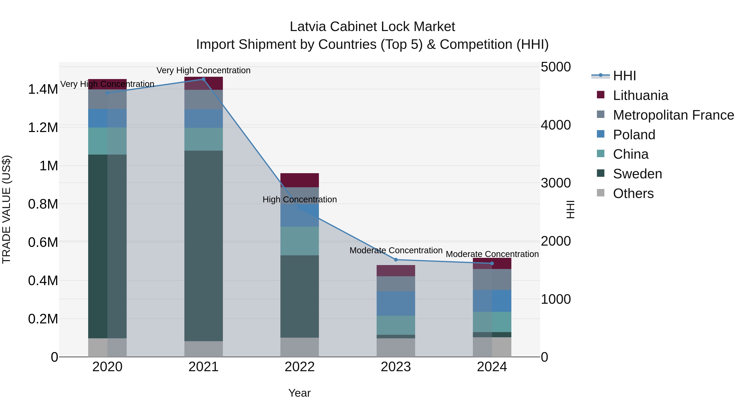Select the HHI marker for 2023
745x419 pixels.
click(x=396, y=260)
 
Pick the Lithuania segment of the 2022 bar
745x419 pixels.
click(x=300, y=180)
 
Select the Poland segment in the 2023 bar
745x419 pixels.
click(x=396, y=304)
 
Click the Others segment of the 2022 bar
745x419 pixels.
click(x=300, y=347)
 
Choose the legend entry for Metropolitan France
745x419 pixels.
click(x=673, y=115)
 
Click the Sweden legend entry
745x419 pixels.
click(x=637, y=174)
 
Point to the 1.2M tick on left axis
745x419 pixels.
click(x=43, y=127)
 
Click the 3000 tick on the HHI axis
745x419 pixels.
click(x=556, y=183)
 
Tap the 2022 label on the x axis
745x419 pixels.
click(x=300, y=367)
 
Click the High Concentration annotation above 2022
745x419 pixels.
click(x=300, y=199)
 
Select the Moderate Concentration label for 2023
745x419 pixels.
click(x=396, y=250)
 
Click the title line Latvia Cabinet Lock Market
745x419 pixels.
click(x=372, y=27)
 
